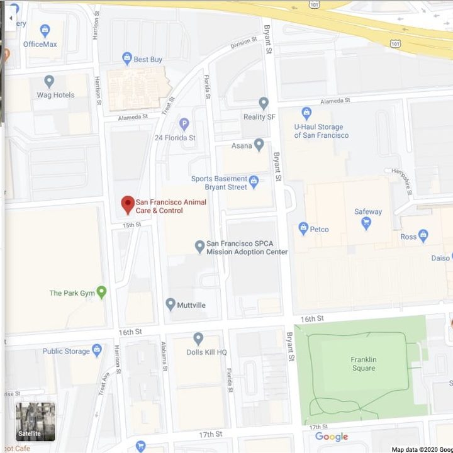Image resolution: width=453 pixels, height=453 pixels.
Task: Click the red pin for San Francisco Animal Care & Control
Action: [x=128, y=204]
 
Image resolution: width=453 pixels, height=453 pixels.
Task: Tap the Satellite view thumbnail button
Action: [x=35, y=421]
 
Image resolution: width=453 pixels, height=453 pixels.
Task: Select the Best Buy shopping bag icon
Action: [x=127, y=59]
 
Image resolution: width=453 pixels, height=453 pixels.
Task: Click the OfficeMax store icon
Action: [x=45, y=30]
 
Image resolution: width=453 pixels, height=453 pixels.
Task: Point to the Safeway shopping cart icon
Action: [x=366, y=223]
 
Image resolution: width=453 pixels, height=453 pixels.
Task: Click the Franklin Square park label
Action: [x=363, y=364]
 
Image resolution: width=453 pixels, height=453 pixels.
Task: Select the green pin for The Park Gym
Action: [x=101, y=293]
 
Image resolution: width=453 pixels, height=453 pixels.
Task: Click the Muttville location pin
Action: [x=170, y=305]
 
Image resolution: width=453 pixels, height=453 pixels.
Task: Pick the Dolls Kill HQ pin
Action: [x=198, y=339]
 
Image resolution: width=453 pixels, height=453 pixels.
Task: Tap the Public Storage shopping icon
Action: [x=96, y=350]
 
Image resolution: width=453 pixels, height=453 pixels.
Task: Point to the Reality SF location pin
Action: [x=264, y=103]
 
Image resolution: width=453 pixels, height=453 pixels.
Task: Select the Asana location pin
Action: [x=259, y=145]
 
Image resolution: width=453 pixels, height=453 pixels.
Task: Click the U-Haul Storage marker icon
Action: [x=306, y=114]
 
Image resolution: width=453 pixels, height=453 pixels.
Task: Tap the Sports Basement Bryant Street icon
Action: [x=254, y=182]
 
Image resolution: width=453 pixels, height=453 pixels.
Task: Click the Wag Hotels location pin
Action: [x=49, y=82]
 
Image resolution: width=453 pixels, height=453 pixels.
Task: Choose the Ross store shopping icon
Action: [x=423, y=236]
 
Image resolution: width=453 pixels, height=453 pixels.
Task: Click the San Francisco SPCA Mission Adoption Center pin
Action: [x=199, y=247]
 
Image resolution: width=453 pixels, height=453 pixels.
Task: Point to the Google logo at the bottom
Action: [x=331, y=437]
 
